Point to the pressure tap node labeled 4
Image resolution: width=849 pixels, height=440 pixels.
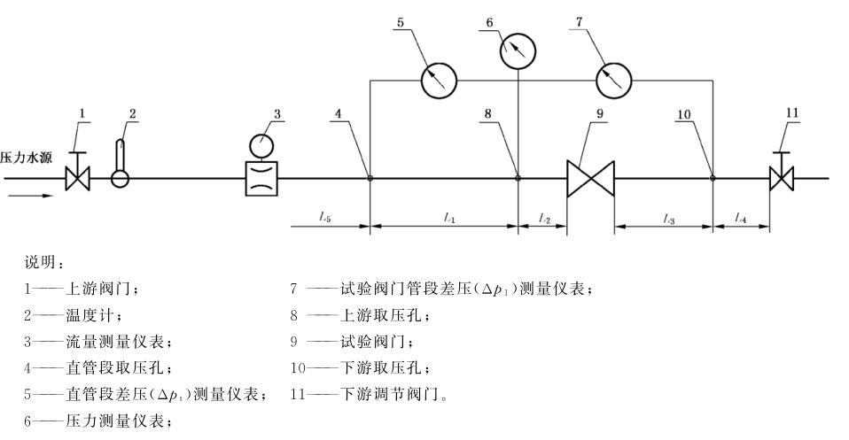point(370,178)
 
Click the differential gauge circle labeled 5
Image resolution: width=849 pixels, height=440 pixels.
point(438,80)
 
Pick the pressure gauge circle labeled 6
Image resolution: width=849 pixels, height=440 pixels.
point(518,52)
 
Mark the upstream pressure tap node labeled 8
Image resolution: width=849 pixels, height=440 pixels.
point(518,178)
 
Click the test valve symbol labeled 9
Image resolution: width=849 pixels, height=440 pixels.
point(591,178)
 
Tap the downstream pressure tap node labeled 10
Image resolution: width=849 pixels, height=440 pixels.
point(713,178)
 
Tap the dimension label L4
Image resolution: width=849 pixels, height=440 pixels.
point(741,217)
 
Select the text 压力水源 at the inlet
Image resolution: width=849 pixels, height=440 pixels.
point(27,159)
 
